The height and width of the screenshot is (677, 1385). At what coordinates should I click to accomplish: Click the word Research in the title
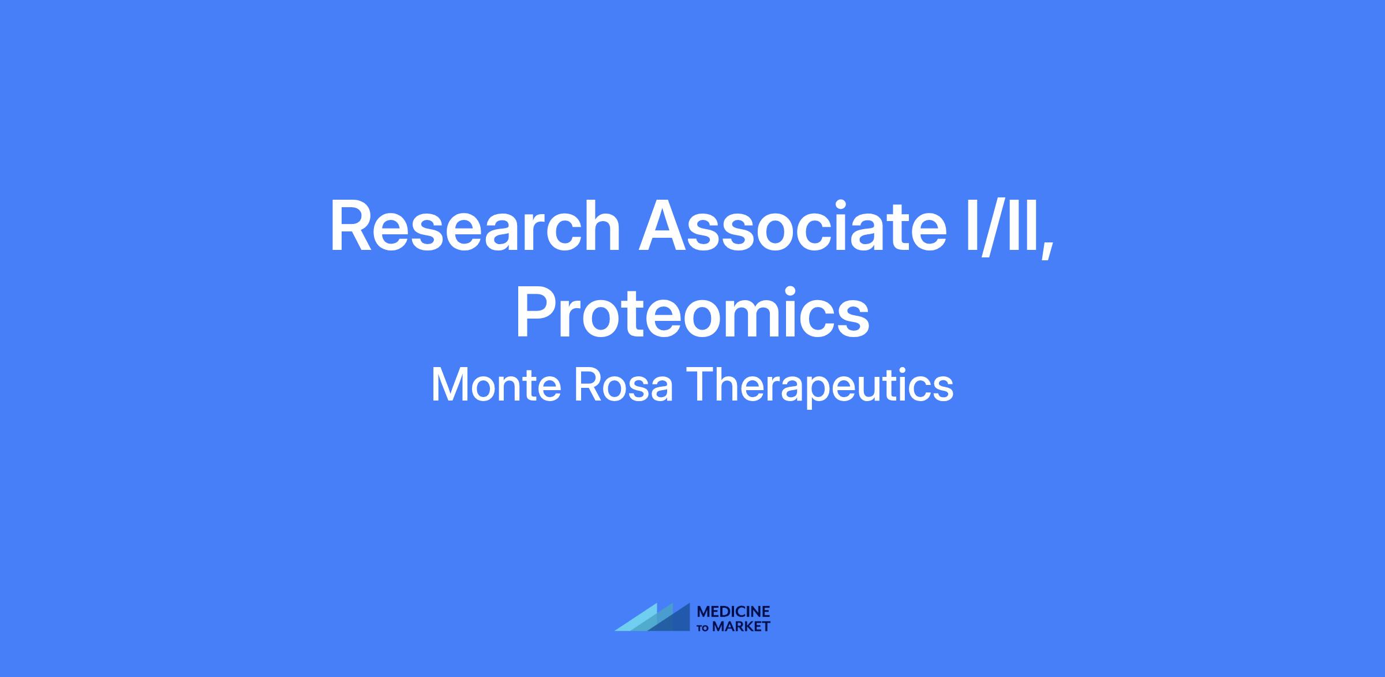tap(474, 226)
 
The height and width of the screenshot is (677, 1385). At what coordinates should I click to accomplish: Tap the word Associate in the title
tap(792, 226)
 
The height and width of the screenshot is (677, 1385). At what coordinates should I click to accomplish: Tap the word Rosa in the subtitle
tap(623, 385)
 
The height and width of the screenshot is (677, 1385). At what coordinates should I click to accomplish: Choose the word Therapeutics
tap(820, 387)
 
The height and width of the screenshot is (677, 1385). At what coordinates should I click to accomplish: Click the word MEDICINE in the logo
tap(733, 612)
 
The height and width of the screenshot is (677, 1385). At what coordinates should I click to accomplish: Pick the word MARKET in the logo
tap(742, 626)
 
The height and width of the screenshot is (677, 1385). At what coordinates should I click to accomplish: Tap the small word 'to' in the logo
tap(704, 627)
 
